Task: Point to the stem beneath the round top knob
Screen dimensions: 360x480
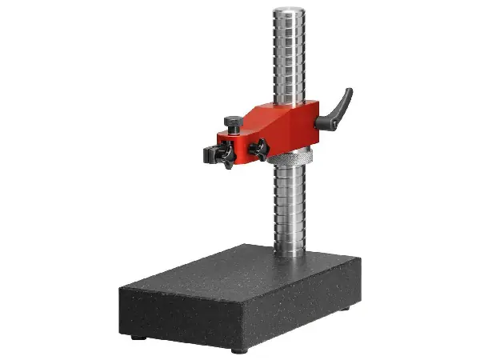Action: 234,130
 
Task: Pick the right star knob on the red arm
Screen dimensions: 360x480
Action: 258,148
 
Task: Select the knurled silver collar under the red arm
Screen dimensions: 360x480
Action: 285,158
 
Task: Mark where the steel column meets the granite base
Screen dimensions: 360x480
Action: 289,255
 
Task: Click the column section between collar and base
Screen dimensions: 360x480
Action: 289,208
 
